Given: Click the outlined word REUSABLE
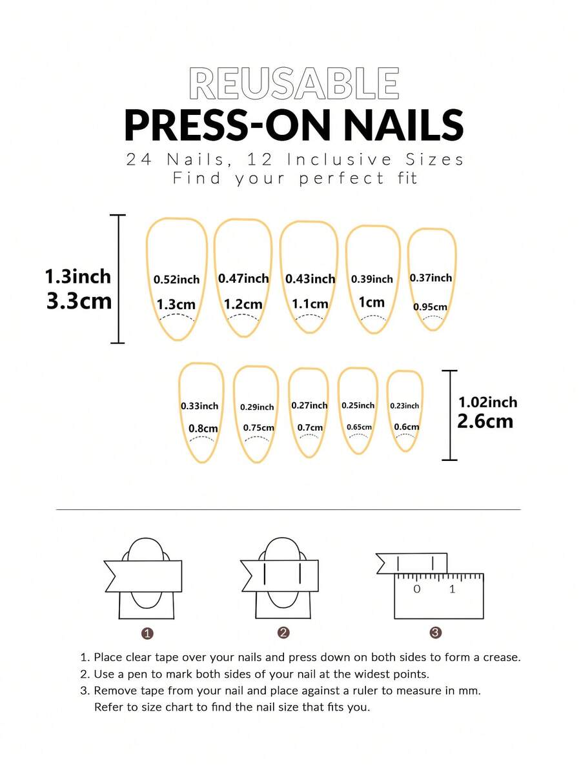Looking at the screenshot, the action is (x=294, y=83).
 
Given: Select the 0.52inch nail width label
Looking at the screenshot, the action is (x=176, y=280).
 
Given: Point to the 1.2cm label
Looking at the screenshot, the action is (x=243, y=303).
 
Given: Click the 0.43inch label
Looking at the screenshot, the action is (x=310, y=279).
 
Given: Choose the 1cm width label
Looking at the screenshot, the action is (x=371, y=302).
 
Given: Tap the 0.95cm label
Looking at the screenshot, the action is (x=430, y=307).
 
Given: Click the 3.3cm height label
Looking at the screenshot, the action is (x=79, y=301).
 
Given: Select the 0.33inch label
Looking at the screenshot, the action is (x=199, y=406).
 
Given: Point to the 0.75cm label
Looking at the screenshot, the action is (x=258, y=427).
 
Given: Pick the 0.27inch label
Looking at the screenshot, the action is (x=309, y=405).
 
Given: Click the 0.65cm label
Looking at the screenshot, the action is (x=359, y=427).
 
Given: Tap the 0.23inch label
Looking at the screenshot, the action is (x=404, y=406).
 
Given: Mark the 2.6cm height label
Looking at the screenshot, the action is (x=485, y=422).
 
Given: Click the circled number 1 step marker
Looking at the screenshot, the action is (x=147, y=633).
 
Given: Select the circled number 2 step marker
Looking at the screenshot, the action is (x=283, y=633).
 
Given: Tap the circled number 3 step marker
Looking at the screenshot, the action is (x=435, y=633).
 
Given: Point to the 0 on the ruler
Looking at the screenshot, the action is (x=416, y=589).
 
